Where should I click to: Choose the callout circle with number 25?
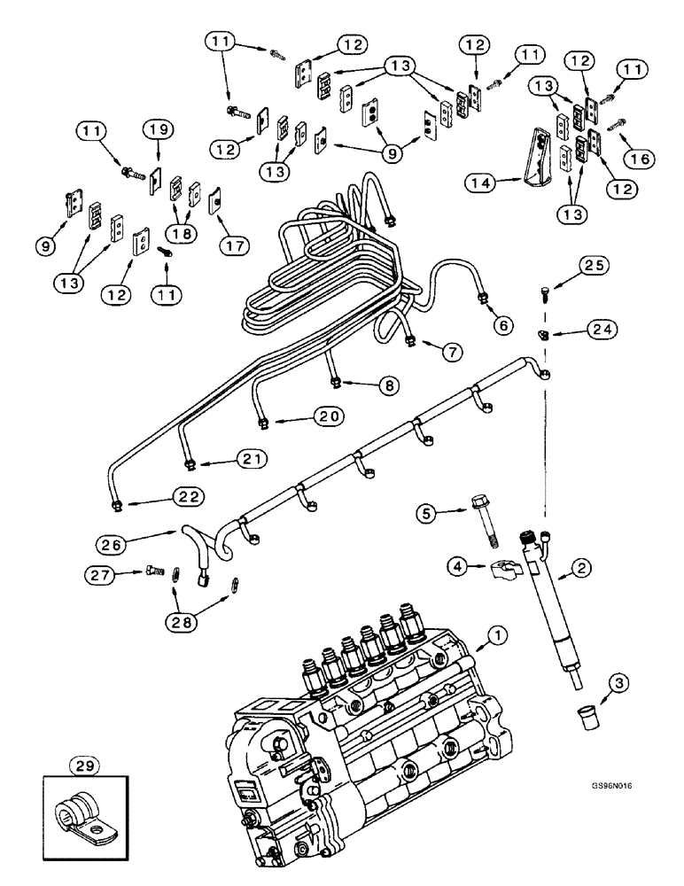coord(595,265)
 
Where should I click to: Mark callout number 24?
coord(603,329)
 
